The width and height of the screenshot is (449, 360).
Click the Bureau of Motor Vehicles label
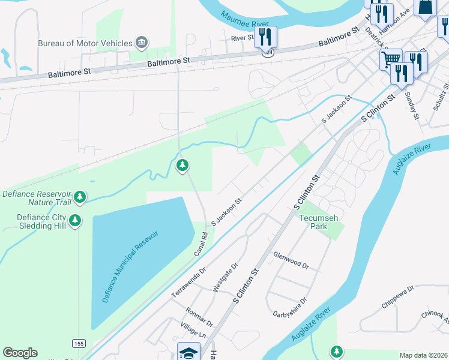click(85, 43)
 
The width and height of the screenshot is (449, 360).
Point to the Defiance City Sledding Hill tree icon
click(75, 220)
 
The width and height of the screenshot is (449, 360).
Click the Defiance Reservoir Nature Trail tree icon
click(79, 196)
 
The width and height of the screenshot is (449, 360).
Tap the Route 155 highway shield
click(78, 343)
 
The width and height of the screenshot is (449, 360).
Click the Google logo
click(20, 353)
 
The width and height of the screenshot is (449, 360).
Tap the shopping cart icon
click(391, 59)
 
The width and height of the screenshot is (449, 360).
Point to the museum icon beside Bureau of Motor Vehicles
click(142, 42)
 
